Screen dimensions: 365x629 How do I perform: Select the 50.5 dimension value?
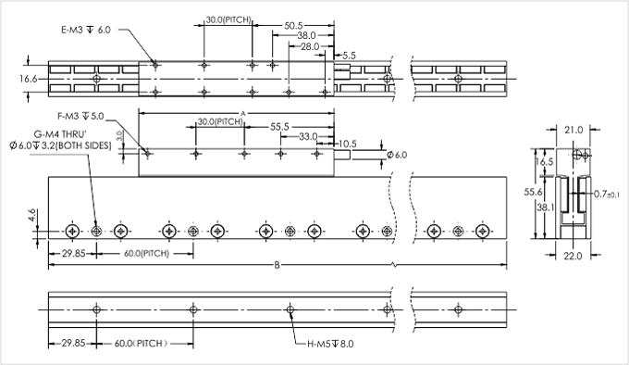[x=295, y=27]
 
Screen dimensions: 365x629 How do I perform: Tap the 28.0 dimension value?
[x=309, y=46]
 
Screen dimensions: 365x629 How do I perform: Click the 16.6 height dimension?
[x=29, y=80]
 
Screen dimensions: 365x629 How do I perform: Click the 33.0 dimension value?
[x=307, y=136]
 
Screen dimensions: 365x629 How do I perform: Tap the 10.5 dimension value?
[x=348, y=144]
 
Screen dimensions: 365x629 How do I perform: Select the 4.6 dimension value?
[x=32, y=217]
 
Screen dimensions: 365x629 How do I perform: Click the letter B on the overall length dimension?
[x=276, y=266]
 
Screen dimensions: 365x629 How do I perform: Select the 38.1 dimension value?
[x=545, y=208]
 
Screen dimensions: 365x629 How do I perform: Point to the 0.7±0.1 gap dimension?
[x=608, y=195]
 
